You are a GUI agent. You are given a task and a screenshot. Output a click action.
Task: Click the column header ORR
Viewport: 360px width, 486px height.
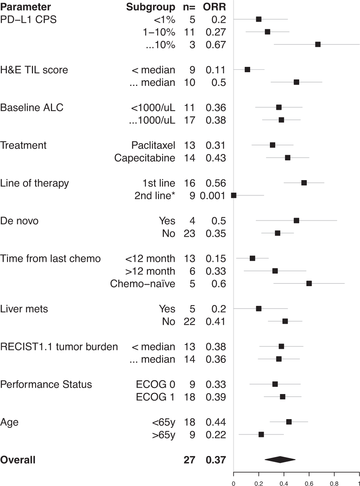214,7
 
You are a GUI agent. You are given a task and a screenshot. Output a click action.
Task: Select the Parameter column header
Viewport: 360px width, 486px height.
25,7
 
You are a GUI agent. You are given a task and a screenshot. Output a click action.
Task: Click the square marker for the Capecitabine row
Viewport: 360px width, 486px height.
287,158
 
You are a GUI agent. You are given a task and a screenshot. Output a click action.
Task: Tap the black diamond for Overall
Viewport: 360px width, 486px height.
280,460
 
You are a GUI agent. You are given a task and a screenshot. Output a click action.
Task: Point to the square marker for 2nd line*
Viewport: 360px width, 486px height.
234,195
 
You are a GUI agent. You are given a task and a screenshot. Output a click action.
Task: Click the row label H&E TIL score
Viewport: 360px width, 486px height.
34,70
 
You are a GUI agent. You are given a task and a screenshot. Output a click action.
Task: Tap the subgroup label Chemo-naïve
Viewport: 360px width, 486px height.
143,283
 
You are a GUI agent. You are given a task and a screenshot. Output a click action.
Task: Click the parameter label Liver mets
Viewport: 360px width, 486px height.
24,309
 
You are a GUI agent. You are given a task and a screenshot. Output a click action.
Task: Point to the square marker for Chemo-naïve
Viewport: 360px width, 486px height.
309,283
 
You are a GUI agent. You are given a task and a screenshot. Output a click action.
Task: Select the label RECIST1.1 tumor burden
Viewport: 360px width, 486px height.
59,347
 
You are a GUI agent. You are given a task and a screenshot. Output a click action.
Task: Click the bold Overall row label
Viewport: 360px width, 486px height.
18,460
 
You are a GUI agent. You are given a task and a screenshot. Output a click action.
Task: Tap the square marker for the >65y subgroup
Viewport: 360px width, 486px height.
261,434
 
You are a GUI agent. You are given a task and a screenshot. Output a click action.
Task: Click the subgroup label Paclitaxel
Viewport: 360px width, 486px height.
153,145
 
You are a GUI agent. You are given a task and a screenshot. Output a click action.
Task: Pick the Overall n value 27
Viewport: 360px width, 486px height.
189,460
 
